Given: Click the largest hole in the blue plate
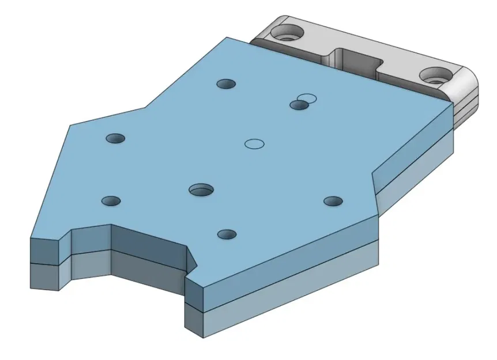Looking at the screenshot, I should click(201, 189).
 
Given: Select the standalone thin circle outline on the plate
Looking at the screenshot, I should click(254, 143).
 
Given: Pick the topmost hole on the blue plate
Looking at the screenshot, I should click(226, 84).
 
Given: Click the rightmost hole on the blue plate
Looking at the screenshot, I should click(333, 201).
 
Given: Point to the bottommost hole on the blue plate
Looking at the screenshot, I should click(227, 234).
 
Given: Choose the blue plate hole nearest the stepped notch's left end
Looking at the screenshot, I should click(111, 201).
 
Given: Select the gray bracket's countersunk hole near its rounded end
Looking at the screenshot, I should click(435, 75).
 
